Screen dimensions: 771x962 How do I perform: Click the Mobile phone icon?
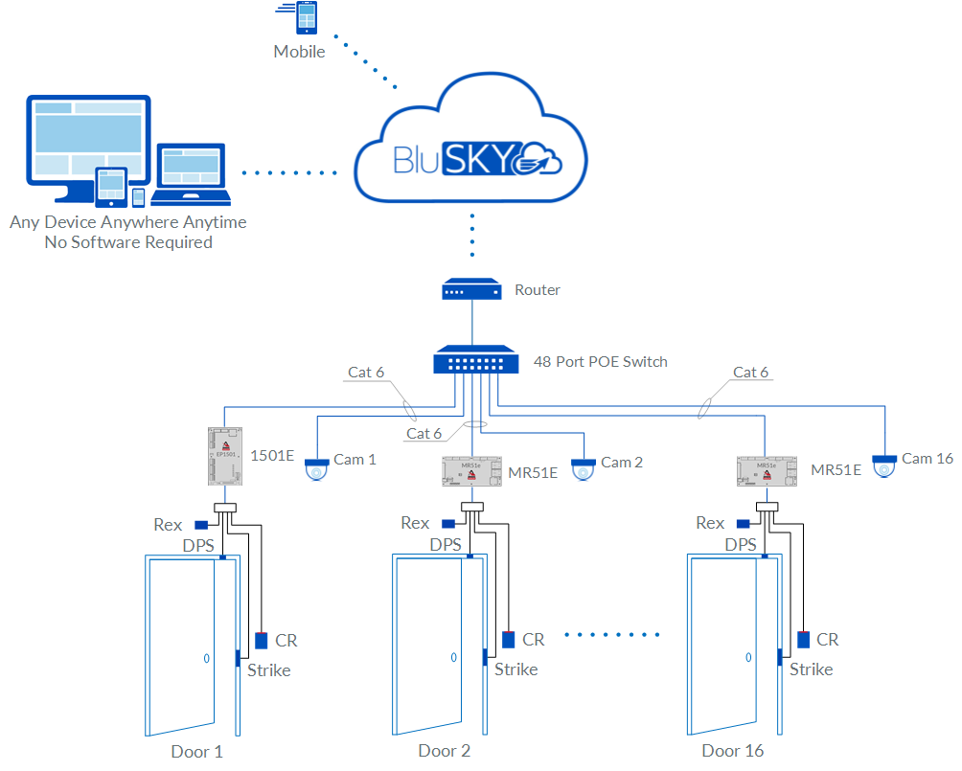point(307,19)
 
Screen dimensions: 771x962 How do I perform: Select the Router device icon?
point(471,289)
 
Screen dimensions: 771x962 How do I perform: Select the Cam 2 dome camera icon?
point(583,469)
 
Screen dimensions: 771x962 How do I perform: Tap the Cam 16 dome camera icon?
point(885,465)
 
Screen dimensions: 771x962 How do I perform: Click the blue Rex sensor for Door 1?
point(201,524)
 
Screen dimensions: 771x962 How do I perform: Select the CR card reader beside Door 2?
point(509,639)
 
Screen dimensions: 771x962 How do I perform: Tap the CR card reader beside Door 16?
point(803,639)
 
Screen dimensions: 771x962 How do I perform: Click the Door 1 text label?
point(196,751)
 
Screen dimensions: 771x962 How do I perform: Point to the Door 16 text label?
point(733,751)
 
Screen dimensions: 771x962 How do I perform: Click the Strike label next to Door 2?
point(516,669)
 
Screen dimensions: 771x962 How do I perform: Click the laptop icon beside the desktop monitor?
point(192,174)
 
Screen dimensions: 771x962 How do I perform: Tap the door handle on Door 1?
point(205,658)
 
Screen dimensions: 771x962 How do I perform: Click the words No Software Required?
point(128,242)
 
